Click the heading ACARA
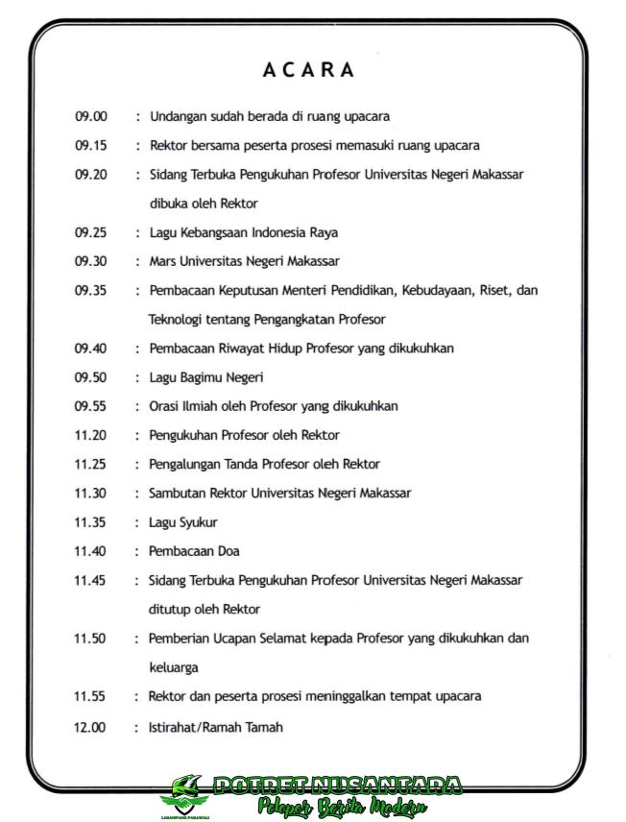coord(308,70)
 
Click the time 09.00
coord(91,117)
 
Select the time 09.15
coord(91,146)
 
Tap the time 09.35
coord(91,290)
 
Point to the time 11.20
coord(91,435)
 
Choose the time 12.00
coord(90,727)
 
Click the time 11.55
coord(90,696)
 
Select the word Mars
coord(162,261)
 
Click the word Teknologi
coord(177,319)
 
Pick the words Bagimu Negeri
coord(222,377)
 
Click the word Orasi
coord(164,406)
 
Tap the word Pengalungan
coord(188,464)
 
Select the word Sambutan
coord(178,493)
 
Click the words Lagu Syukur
coord(182,522)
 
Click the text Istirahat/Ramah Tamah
coord(215,727)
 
